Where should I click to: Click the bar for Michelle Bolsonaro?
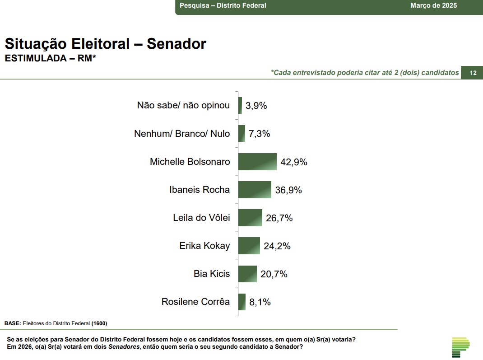[257, 162]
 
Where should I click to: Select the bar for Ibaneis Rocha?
[255, 190]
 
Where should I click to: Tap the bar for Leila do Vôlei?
[250, 218]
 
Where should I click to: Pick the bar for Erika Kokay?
[249, 246]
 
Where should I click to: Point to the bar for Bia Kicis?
[247, 274]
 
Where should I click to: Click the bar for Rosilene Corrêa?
[242, 302]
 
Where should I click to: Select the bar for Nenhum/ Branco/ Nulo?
[241, 134]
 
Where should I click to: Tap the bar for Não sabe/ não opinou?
[240, 106]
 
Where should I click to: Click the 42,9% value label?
[294, 162]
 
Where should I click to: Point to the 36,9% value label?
[288, 190]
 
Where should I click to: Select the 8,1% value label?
[260, 302]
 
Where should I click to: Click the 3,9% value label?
[256, 106]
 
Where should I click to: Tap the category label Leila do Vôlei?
[201, 218]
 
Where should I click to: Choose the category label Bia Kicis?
[212, 274]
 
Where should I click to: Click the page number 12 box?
[473, 73]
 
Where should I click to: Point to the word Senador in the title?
[176, 44]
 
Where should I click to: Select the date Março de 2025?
[433, 5]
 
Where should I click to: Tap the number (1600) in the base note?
[99, 323]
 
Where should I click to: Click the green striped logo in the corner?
[460, 346]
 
